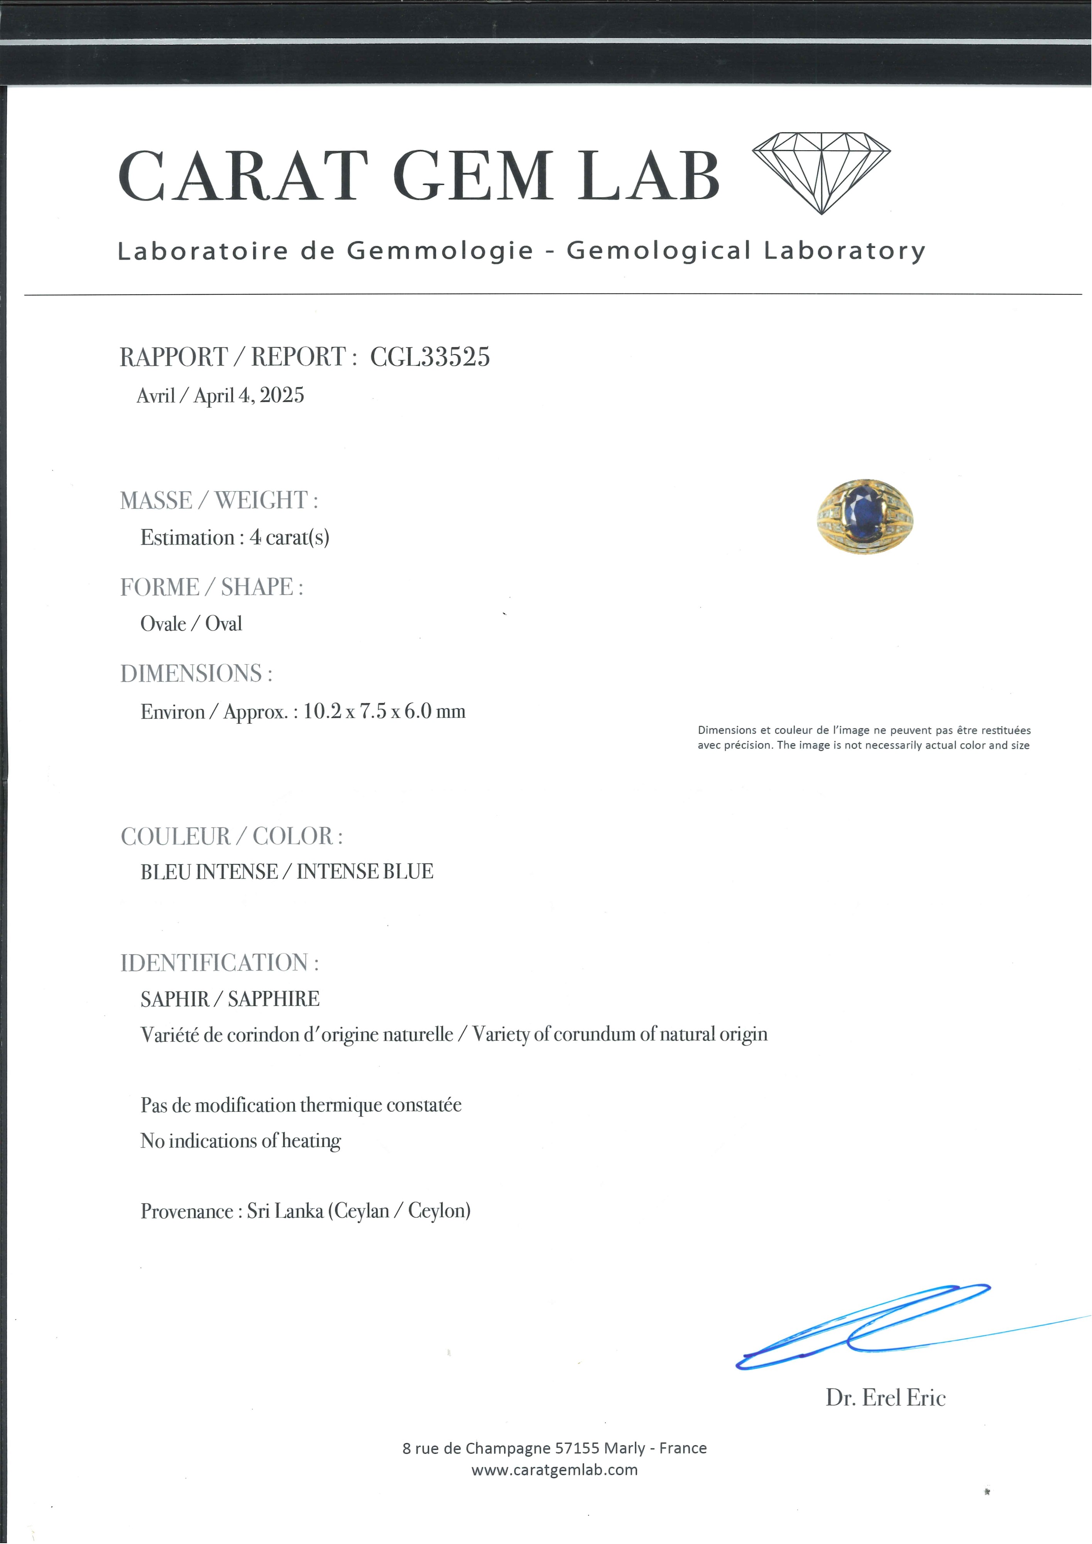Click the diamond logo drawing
coord(821,172)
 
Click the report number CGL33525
coord(430,356)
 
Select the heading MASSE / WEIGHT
coord(218,500)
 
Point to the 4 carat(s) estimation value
coord(289,537)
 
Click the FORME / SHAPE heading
coord(211,587)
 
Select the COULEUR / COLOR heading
coord(231,836)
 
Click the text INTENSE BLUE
coord(365,872)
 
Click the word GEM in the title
coord(473,176)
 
